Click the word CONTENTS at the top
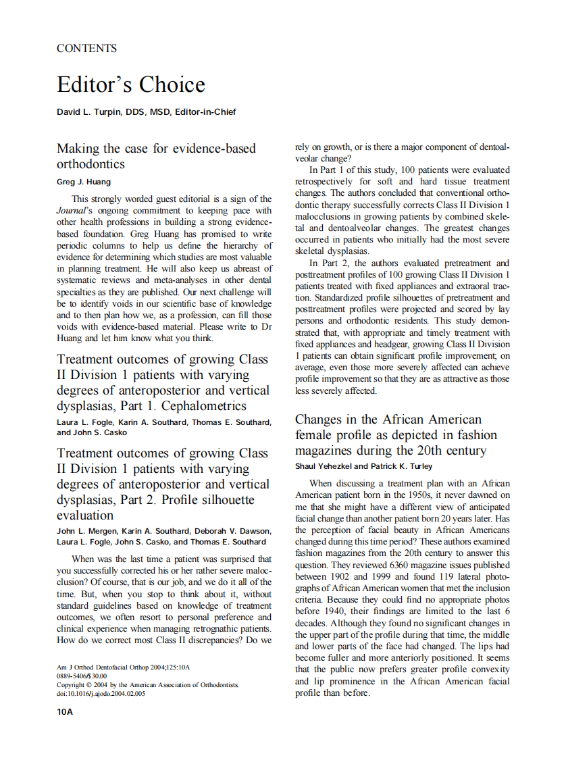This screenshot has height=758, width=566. [x=86, y=49]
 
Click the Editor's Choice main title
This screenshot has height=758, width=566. [x=131, y=85]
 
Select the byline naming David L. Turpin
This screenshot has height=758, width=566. [x=147, y=112]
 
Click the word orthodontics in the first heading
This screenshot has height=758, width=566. [x=91, y=164]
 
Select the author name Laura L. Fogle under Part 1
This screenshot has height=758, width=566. [x=86, y=423]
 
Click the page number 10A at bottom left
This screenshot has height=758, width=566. [x=65, y=711]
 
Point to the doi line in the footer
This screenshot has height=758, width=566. [x=101, y=693]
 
